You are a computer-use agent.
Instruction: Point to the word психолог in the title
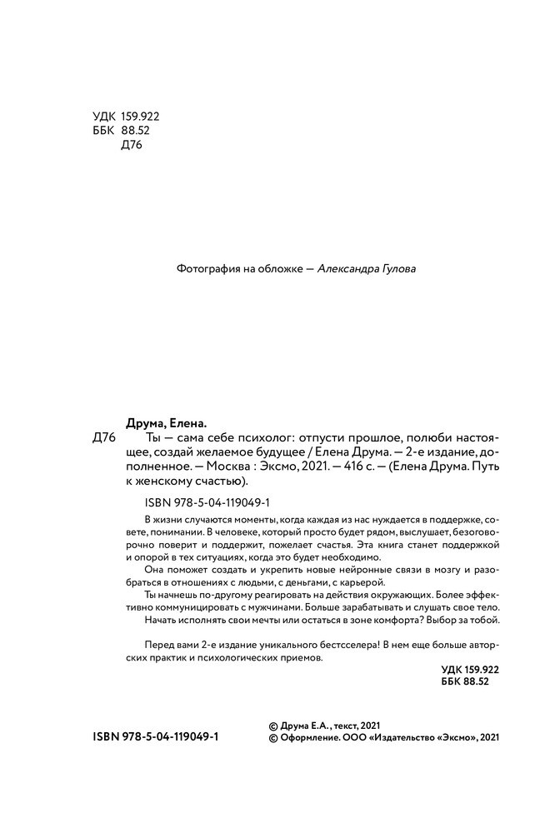(262, 439)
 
